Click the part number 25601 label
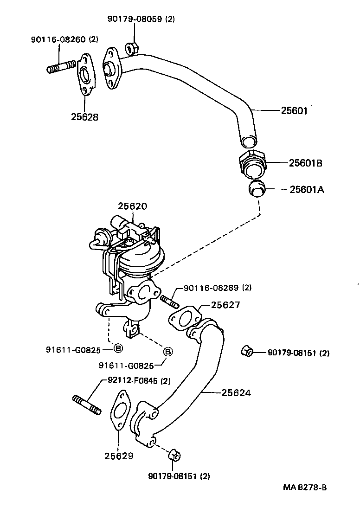coord(294,111)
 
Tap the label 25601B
coord(305,163)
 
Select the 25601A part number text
coord(306,189)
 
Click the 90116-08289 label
coord(217,288)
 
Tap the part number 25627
coord(225,305)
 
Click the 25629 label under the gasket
coord(119,456)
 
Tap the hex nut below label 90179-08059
coord(131,47)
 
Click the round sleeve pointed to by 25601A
coord(256,189)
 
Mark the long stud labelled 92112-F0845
coord(87,404)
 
